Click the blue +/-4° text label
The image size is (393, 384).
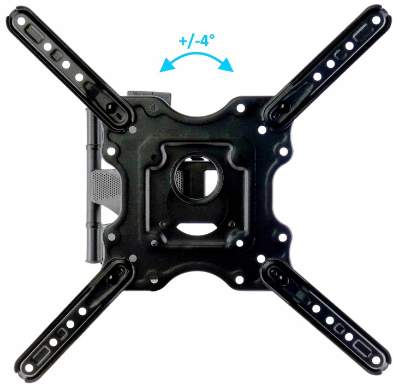(x=196, y=40)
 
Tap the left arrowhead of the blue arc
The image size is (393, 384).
(x=166, y=66)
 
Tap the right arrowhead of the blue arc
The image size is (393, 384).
(x=227, y=65)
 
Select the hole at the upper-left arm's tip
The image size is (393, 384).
(x=21, y=21)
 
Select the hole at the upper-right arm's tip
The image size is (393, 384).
(x=376, y=20)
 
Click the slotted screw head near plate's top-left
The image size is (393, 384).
(x=154, y=108)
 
